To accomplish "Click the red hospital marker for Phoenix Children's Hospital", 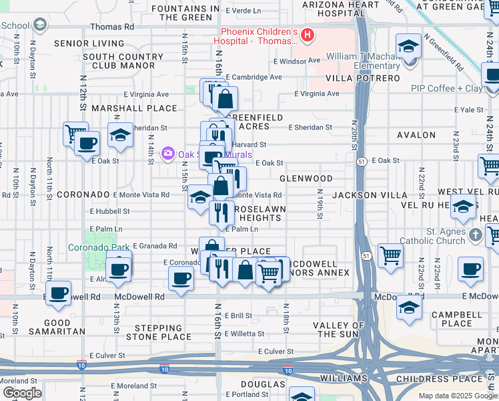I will point(308,35).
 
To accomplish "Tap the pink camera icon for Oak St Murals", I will point(167,154).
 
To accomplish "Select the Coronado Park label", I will point(99,247).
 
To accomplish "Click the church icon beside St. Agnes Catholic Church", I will point(475,235).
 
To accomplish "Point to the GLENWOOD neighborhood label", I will point(306,178).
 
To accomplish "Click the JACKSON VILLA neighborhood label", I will point(370,194).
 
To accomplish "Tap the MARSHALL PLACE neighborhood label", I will point(134,108).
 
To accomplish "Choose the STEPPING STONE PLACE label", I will point(163,332).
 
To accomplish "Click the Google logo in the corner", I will point(22,393).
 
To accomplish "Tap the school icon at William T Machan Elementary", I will point(408,47).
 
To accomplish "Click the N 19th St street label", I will point(320,207).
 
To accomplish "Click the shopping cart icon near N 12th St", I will point(75,133).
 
